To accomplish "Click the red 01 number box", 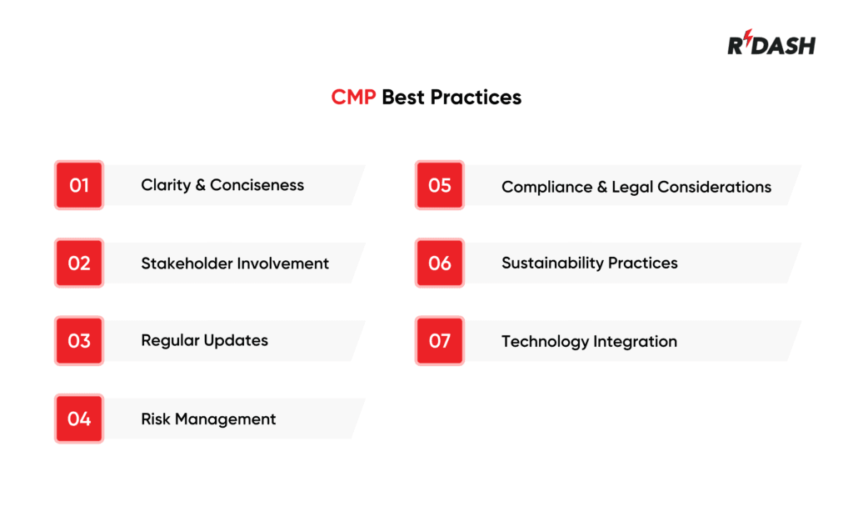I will (x=79, y=185).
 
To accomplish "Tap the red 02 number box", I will (x=79, y=264).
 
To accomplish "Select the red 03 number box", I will (x=79, y=341).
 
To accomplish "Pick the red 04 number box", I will (x=79, y=419).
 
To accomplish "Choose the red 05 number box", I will (x=439, y=185).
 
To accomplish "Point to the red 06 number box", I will (x=439, y=264).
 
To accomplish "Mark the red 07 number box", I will (x=439, y=341).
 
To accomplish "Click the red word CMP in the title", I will (x=354, y=98).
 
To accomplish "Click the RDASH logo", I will (x=771, y=45).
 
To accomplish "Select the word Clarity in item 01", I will (x=165, y=185).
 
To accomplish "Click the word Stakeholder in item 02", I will (x=186, y=264).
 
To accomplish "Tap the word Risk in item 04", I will (x=156, y=419).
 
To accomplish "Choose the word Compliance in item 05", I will (x=546, y=188).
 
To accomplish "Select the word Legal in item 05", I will (x=632, y=188).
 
